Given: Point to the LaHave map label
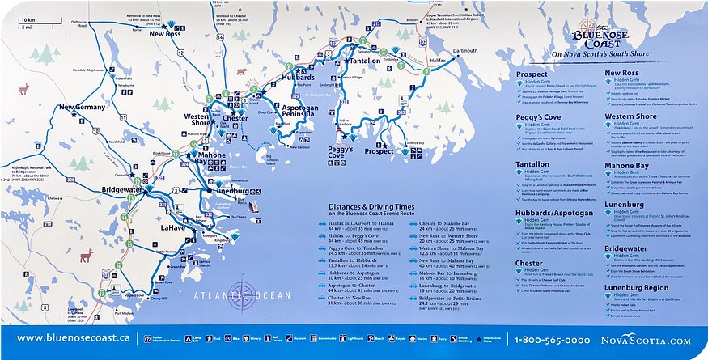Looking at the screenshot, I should pyautogui.click(x=172, y=228).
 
